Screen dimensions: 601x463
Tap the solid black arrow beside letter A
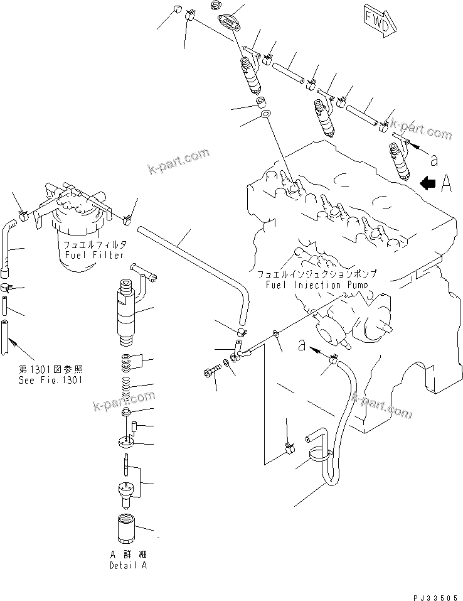tap(428, 183)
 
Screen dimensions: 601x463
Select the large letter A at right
tap(447, 183)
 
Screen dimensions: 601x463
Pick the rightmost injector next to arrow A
tap(400, 160)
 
